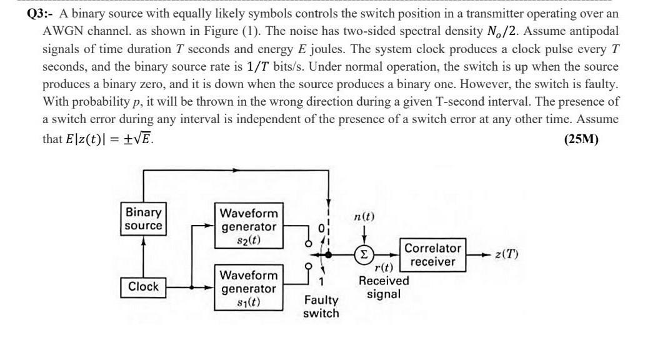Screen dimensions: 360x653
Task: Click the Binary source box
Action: point(143,219)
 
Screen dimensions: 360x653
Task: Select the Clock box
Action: point(143,287)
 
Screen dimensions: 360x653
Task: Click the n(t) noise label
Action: point(364,217)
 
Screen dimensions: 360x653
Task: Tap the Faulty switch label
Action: point(321,307)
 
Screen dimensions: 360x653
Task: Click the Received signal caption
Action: point(384,287)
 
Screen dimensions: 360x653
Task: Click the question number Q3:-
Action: point(41,14)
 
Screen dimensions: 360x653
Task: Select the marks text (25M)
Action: point(581,139)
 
